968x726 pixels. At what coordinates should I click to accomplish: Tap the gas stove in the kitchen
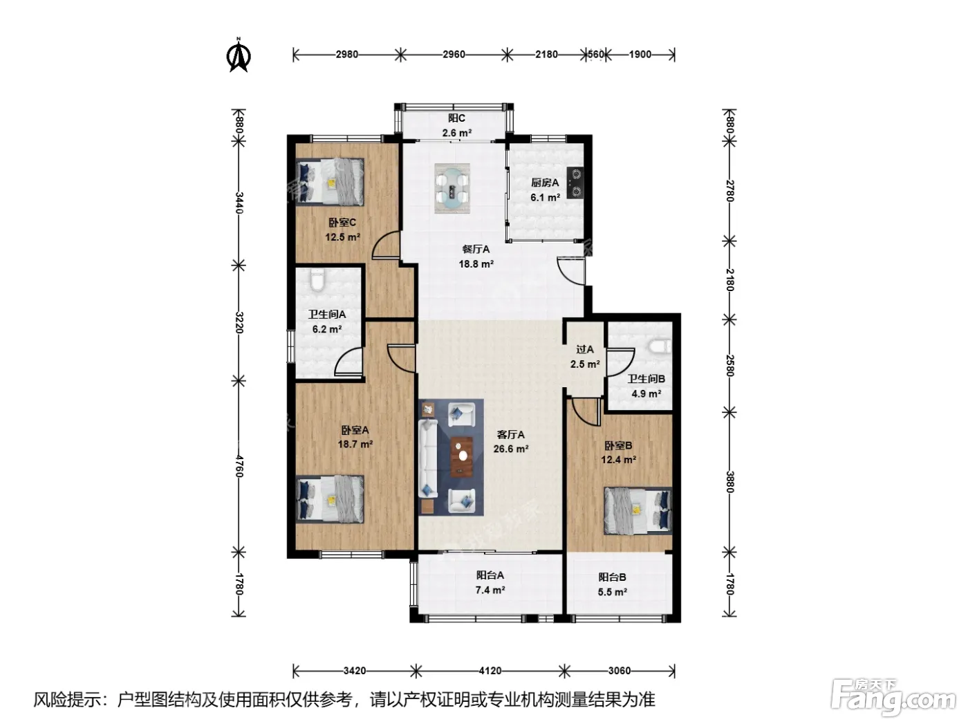tap(575, 183)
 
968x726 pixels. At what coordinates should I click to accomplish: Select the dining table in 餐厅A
tap(452, 188)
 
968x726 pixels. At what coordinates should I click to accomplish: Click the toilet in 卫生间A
tap(317, 280)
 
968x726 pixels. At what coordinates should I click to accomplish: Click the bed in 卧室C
tap(331, 182)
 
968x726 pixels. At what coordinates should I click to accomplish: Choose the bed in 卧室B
tap(637, 510)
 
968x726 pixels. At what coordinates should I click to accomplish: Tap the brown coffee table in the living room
tap(462, 456)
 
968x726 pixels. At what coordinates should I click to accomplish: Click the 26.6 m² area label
tap(511, 449)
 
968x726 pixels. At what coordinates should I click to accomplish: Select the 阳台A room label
tap(490, 575)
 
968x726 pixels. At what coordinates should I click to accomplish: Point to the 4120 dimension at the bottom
tap(490, 671)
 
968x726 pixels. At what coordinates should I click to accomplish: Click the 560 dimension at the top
tap(595, 54)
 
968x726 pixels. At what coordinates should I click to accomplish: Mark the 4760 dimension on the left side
tap(239, 466)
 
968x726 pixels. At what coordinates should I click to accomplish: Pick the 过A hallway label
tap(585, 350)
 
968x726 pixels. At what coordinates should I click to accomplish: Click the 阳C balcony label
tap(456, 118)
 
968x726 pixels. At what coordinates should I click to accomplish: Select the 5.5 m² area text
tap(612, 592)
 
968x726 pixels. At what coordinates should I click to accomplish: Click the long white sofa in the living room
tap(428, 458)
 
